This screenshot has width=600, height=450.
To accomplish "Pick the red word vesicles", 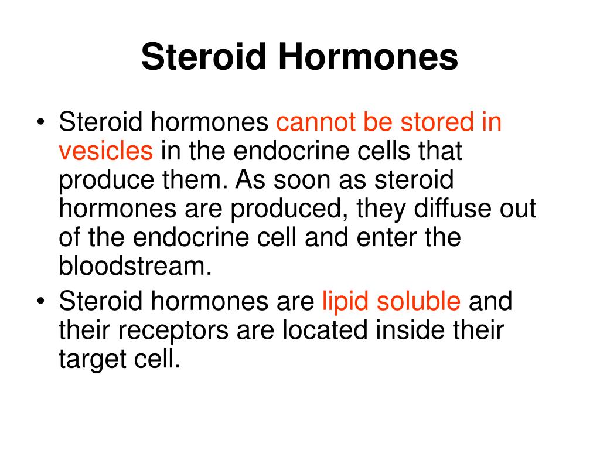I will tap(105, 152).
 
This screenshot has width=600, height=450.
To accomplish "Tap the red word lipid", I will tap(346, 302).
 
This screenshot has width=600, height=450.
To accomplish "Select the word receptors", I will tap(169, 330).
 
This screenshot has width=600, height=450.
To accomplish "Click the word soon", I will tap(310, 181).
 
